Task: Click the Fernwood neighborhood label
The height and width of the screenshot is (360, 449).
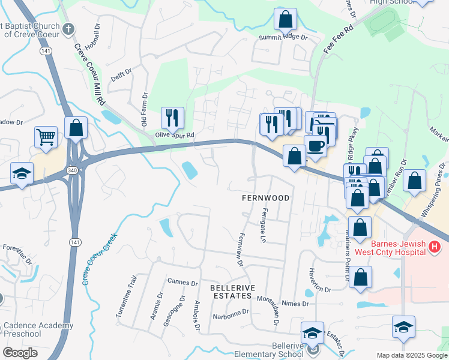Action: point(265,198)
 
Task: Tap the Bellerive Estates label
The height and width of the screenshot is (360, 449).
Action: point(231,292)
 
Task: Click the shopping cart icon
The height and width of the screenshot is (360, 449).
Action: point(46,137)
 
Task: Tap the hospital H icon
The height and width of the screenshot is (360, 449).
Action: point(435,247)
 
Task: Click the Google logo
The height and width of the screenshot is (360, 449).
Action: point(20,353)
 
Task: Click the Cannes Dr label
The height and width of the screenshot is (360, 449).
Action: point(182,282)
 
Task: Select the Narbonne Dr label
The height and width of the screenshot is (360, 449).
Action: point(230,313)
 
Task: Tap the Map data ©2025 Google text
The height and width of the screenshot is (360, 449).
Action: point(411,355)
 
